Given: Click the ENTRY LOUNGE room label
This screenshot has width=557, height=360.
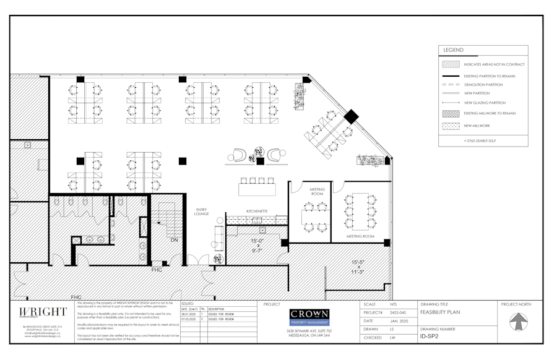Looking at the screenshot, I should [202, 212].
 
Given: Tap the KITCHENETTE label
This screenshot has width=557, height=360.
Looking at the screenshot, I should [257, 211].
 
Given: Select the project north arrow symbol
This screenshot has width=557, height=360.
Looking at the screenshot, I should [519, 322].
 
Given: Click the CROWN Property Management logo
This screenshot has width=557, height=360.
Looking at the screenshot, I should [309, 317].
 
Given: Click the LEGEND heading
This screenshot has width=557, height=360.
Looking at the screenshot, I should [454, 50].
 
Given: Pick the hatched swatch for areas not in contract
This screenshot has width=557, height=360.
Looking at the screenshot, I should [451, 64].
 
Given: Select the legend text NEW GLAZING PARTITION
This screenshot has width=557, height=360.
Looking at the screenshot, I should [485, 103].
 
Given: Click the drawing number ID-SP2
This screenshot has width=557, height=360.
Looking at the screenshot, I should [430, 336].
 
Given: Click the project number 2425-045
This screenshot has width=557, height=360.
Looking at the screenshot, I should [398, 312].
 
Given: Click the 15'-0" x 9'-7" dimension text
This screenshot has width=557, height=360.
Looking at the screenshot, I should [257, 246].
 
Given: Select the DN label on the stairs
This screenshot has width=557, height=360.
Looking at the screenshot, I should [174, 240].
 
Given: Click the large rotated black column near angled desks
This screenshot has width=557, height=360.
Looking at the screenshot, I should [351, 117].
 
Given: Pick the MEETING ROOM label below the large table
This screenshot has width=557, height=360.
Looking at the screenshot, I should [360, 236].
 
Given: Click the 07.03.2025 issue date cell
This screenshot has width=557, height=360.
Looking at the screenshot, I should [189, 319].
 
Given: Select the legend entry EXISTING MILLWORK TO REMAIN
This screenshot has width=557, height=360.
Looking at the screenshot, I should [490, 113].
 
